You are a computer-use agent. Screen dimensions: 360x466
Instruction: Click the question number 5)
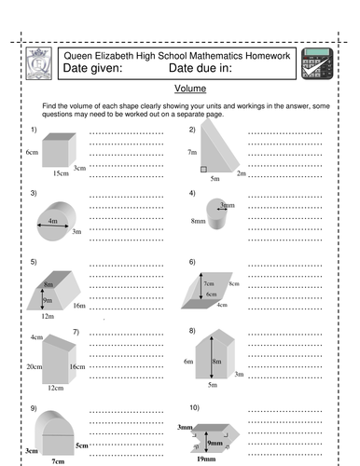pyautogui.click(x=34, y=263)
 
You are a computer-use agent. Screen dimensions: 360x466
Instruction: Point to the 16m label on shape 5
pyautogui.click(x=79, y=306)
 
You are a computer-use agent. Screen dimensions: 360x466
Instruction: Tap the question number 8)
pyautogui.click(x=192, y=331)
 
